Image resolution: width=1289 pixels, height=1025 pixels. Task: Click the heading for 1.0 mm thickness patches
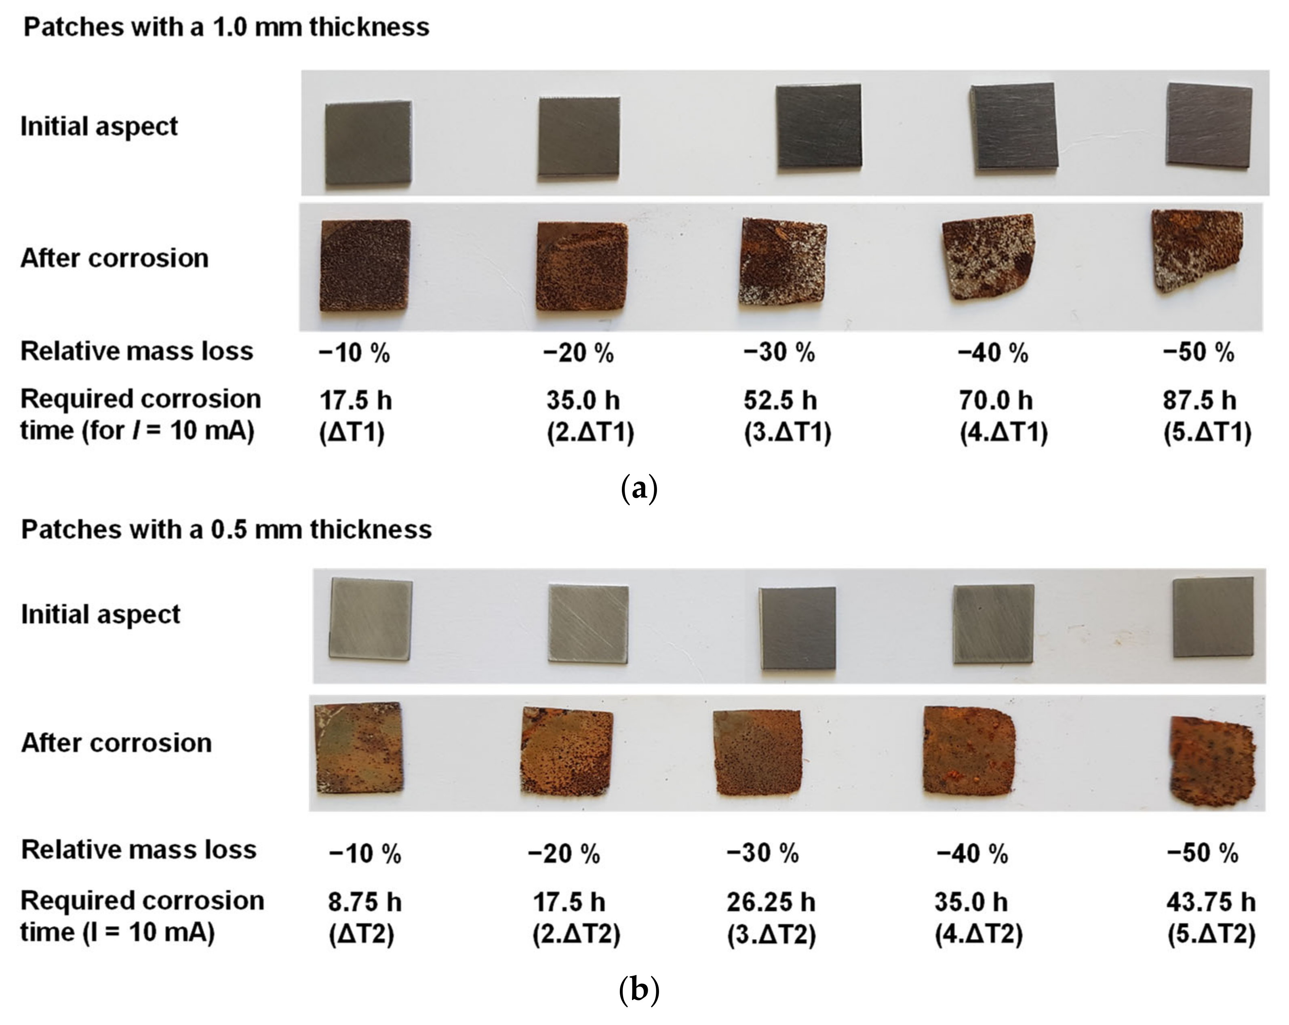tap(226, 27)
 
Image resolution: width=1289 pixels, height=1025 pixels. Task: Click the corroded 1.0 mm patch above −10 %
tap(365, 265)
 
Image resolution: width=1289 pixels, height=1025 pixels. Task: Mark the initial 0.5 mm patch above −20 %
tap(588, 623)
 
